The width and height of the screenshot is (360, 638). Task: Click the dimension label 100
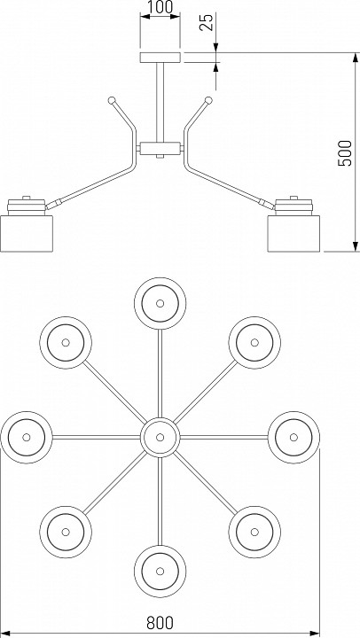[160, 7]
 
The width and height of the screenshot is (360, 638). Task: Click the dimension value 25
[207, 22]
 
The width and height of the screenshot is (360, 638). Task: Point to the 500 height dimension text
[345, 153]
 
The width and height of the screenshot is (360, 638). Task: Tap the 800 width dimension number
[160, 623]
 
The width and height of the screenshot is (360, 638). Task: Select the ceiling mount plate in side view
[160, 58]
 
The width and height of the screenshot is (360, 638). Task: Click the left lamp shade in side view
[27, 234]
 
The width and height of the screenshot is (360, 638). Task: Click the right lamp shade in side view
[293, 234]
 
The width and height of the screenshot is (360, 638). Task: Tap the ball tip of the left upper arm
[112, 100]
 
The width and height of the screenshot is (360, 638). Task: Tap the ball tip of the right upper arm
[208, 100]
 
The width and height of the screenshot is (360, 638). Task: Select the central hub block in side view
[160, 148]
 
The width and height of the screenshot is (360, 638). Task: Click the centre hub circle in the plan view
[160, 438]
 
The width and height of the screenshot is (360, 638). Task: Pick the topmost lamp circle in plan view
[160, 304]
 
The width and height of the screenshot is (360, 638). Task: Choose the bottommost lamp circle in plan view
[160, 572]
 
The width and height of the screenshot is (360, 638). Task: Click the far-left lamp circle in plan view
[27, 438]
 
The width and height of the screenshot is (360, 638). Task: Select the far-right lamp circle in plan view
[293, 438]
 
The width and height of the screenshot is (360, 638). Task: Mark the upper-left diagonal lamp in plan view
[66, 343]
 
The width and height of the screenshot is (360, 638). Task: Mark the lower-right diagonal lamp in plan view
[254, 532]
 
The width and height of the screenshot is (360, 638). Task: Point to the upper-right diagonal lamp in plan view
[254, 343]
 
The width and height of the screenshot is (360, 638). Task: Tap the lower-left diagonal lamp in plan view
[66, 532]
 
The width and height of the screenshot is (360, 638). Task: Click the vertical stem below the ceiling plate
[160, 102]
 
